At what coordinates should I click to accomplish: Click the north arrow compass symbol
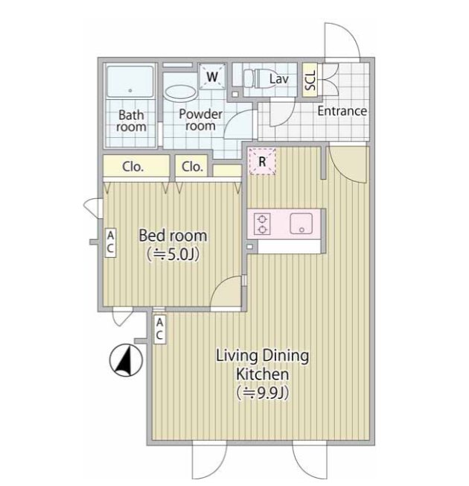tap(126, 360)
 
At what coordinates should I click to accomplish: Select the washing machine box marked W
tap(212, 76)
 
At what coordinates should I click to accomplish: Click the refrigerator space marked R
tap(262, 162)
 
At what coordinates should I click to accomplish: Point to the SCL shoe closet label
tap(310, 80)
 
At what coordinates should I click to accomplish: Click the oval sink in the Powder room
tap(180, 92)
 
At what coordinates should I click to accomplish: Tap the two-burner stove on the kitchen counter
tap(262, 224)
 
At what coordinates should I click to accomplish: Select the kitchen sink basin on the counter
tap(301, 223)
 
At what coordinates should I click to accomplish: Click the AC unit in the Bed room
tap(110, 243)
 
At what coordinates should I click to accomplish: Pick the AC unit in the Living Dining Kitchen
tap(159, 329)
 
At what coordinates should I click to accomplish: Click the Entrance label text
tap(342, 111)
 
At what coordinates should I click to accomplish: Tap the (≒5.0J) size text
tap(173, 255)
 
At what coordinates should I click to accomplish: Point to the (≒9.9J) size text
tap(263, 393)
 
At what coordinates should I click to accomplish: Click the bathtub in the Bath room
tap(130, 81)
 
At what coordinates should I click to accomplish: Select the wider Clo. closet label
tap(133, 167)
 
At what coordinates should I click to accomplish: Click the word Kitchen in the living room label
tap(263, 374)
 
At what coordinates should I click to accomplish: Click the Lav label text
tap(279, 79)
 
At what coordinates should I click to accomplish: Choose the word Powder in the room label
tap(200, 114)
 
